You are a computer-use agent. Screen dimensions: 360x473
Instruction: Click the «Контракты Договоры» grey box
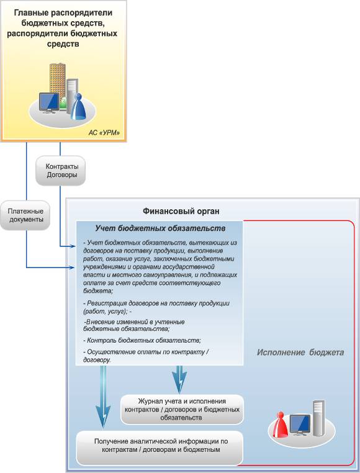(61, 171)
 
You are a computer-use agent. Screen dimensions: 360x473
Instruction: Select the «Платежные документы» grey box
(25, 215)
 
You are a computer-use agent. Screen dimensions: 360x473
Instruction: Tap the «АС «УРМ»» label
(104, 132)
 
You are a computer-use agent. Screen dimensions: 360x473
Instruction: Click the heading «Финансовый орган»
(181, 211)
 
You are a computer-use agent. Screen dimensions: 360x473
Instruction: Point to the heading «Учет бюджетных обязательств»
(160, 228)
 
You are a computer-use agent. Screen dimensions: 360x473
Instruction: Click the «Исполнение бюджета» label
(300, 353)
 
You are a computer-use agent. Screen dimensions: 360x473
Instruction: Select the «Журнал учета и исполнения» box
(182, 409)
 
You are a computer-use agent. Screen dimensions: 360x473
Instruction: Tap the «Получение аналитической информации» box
(160, 448)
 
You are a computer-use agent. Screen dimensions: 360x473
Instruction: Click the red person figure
(281, 425)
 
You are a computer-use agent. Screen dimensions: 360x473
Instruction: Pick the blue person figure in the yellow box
(78, 106)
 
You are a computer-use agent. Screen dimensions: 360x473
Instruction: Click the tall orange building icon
(57, 81)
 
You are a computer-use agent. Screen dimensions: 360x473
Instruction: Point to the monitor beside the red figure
(300, 425)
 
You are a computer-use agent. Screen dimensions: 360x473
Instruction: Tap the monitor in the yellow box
(49, 103)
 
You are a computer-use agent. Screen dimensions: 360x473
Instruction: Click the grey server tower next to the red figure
(318, 418)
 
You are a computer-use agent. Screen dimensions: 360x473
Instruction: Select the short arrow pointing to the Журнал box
(179, 379)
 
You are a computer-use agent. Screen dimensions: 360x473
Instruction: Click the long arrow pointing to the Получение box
(103, 397)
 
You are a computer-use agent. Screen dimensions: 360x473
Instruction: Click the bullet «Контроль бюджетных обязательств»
(142, 340)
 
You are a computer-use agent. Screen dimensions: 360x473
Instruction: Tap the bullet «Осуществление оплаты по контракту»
(146, 356)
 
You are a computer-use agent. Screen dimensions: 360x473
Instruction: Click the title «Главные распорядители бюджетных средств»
(63, 28)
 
